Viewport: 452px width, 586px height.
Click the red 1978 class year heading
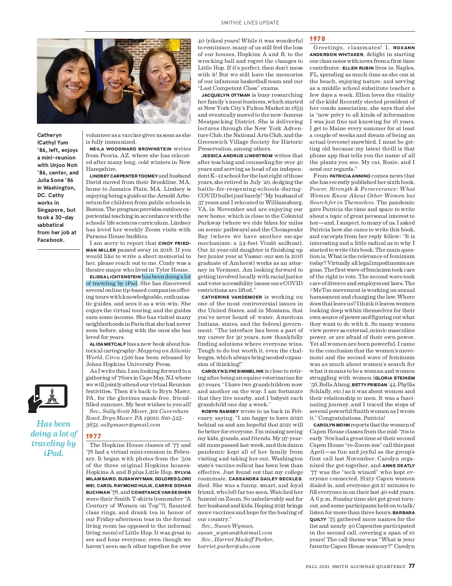pyautogui.click(x=317, y=39)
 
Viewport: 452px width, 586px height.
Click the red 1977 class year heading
pyautogui.click(x=93, y=436)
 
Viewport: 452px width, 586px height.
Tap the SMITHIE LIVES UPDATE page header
pyautogui.click(x=250, y=23)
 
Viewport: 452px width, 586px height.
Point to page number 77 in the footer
pyautogui.click(x=411, y=566)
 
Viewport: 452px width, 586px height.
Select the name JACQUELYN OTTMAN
pyautogui.click(x=226, y=95)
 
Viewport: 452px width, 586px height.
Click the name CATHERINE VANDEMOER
pyautogui.click(x=232, y=297)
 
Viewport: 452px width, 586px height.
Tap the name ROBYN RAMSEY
pyautogui.click(x=220, y=411)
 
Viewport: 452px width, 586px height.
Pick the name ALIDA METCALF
pyautogui.click(x=107, y=344)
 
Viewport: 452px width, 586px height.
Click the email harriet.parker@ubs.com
pyautogui.click(x=229, y=546)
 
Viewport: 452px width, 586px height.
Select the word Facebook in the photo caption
pyautogui.click(x=50, y=240)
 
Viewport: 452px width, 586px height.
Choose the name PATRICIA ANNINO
pyautogui.click(x=350, y=176)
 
